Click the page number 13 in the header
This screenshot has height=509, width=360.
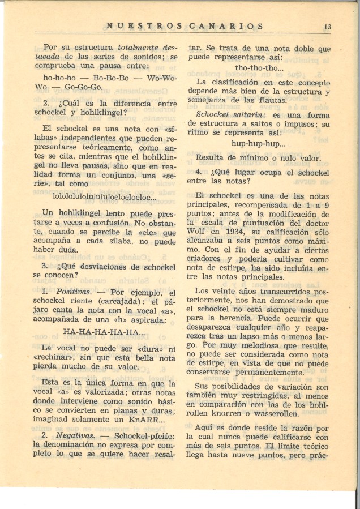pyautogui.click(x=328, y=26)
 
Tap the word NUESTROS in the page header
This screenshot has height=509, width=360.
pyautogui.click(x=144, y=26)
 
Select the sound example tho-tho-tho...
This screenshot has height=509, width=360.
pyautogui.click(x=260, y=68)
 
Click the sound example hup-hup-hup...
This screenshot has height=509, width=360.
pyautogui.click(x=259, y=143)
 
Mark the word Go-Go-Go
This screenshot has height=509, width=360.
pyautogui.click(x=83, y=87)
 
